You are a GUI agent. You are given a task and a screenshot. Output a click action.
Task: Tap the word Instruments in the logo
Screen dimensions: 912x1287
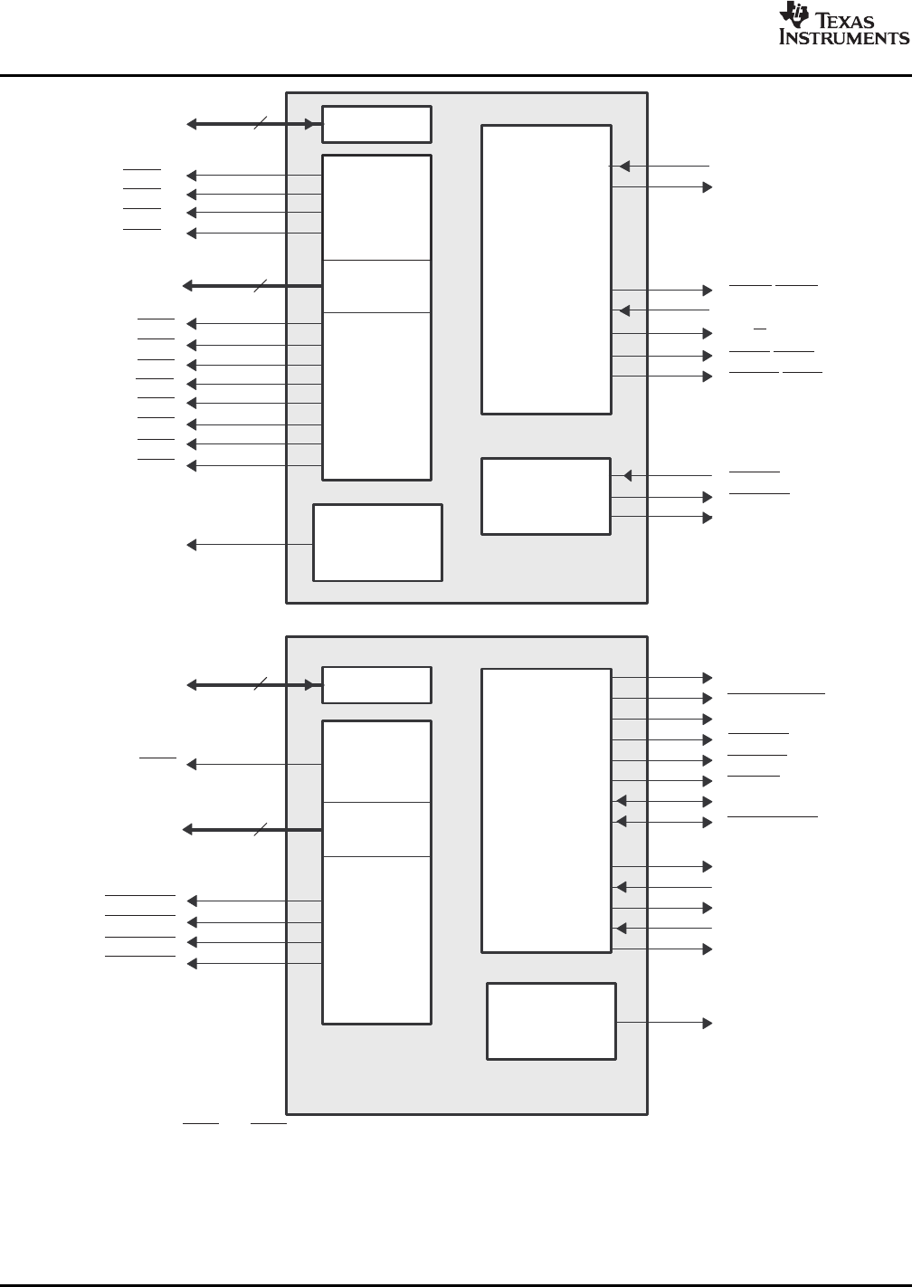click(843, 38)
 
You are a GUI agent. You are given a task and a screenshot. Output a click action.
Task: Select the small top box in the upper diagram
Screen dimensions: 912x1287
click(376, 124)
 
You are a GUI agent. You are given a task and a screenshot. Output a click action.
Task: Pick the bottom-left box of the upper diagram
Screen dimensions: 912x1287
click(377, 542)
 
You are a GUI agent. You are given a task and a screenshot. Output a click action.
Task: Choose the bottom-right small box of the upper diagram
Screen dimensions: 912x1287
click(546, 496)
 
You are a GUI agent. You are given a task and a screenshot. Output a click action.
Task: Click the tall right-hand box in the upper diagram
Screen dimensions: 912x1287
click(546, 269)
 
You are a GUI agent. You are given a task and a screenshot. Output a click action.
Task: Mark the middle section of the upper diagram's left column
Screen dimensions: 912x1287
click(376, 286)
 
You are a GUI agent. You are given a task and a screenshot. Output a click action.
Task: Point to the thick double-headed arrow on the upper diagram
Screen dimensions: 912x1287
click(254, 124)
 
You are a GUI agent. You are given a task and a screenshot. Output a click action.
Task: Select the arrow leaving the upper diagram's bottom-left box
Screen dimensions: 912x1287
click(249, 544)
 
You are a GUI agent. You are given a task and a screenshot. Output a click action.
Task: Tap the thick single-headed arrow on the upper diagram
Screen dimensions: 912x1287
click(252, 286)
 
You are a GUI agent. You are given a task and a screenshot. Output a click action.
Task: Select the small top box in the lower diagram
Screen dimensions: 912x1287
click(376, 685)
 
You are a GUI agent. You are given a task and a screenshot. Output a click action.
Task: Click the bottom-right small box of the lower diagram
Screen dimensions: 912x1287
click(551, 1021)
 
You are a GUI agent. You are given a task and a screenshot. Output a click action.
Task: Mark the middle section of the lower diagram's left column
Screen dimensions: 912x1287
click(376, 829)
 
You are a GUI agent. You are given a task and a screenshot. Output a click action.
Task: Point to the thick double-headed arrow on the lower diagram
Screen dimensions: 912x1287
click(254, 685)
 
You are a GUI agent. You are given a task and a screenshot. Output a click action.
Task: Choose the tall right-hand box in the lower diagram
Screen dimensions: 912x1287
click(546, 810)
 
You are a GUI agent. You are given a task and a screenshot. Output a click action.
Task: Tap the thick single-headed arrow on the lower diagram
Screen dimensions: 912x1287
click(252, 829)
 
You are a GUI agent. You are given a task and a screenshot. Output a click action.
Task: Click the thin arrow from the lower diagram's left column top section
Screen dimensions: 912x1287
click(254, 765)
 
